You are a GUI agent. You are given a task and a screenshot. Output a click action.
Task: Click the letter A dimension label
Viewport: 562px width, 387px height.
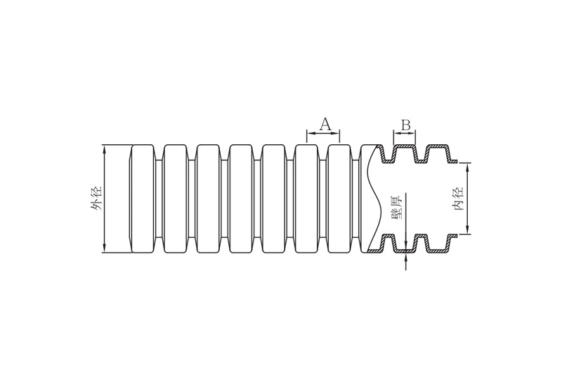point(325,124)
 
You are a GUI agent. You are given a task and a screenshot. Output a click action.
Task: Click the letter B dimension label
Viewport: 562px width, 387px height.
point(405,125)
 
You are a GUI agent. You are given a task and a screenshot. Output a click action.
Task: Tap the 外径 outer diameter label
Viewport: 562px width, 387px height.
point(96,199)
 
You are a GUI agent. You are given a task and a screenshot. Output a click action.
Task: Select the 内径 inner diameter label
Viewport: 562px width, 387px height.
point(458,198)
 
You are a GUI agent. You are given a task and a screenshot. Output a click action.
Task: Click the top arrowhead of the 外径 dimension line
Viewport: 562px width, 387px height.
point(104,149)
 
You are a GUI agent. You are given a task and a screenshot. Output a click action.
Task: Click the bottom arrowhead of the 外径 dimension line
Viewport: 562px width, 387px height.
point(104,248)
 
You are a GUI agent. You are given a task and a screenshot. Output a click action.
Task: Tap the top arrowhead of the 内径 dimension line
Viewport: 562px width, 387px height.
point(467,167)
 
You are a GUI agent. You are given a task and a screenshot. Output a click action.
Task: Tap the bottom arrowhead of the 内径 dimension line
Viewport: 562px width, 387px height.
point(467,230)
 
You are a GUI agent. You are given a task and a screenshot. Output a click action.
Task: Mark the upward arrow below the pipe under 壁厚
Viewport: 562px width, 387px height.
point(405,262)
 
